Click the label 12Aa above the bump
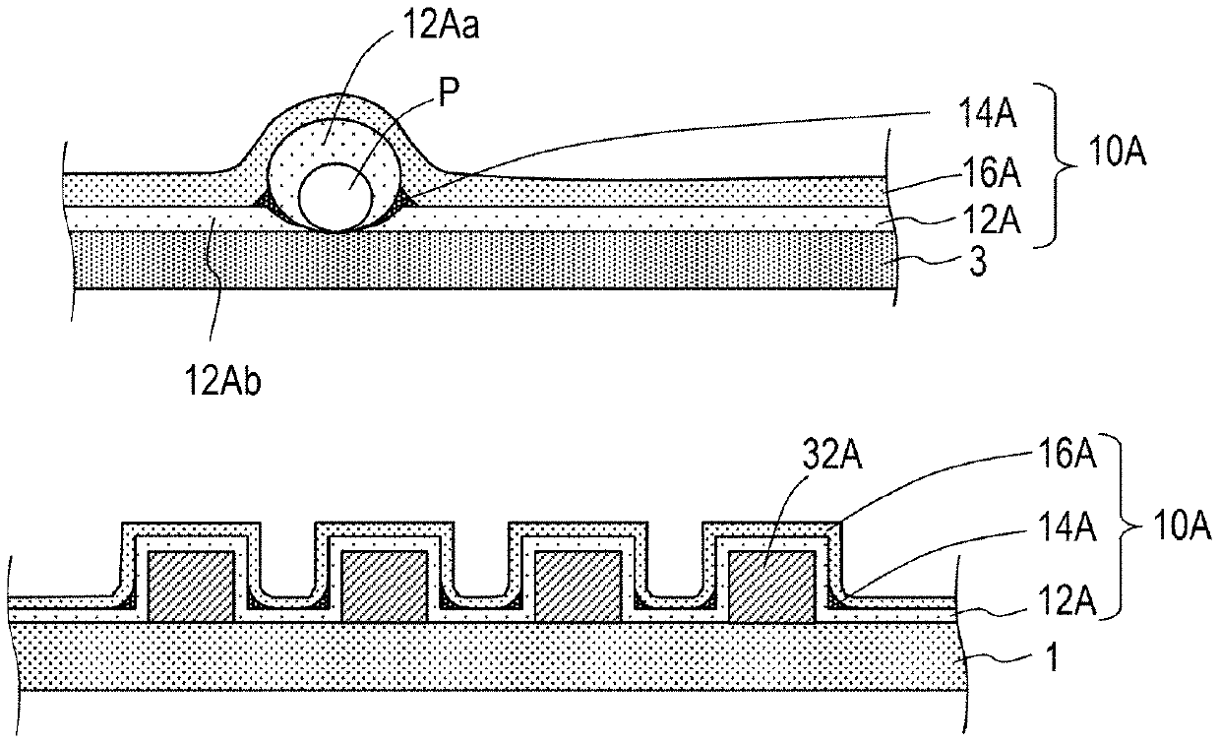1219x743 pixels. coord(440,27)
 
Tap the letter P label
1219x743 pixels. coord(449,93)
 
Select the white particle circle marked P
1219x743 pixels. coord(336,198)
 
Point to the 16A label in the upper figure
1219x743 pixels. coord(991,172)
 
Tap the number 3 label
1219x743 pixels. coord(978,263)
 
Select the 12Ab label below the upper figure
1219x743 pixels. coord(222,380)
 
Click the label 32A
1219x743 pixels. coord(832,455)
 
